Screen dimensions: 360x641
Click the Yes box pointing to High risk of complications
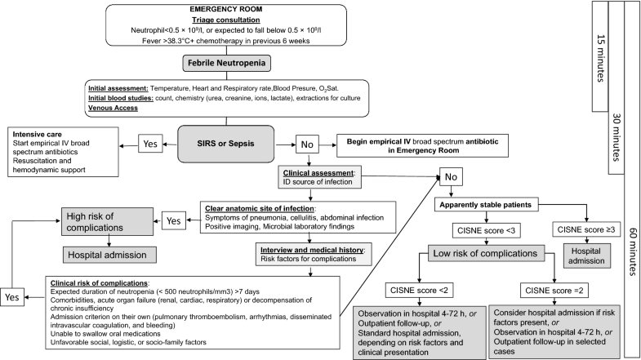172,220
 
